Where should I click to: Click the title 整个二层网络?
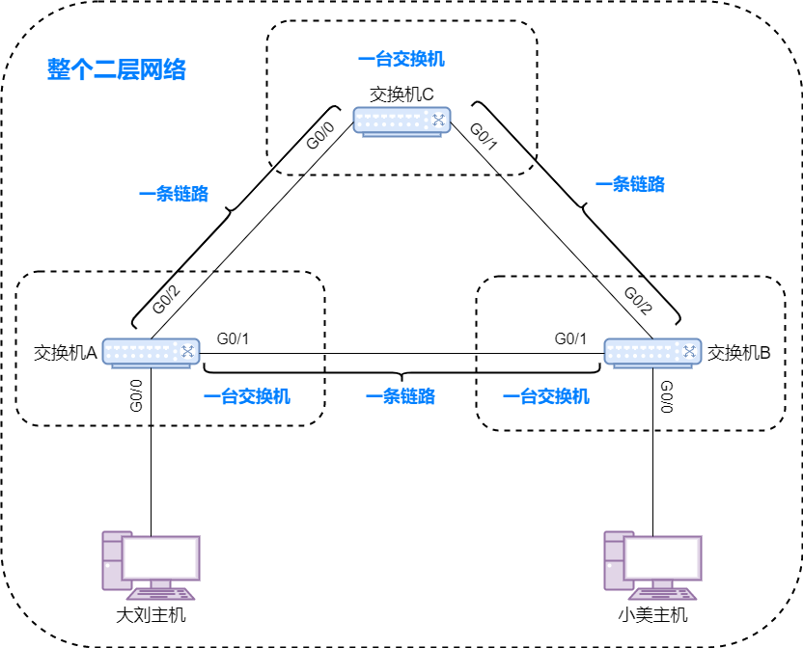[117, 69]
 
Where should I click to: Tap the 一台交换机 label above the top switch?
[401, 59]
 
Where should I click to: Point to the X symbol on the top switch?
[438, 120]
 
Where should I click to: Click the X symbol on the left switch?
[187, 351]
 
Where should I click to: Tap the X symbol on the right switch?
[689, 351]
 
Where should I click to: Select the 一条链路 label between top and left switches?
[174, 194]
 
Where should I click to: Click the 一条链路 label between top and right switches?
[630, 184]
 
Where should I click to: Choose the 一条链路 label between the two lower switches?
[401, 396]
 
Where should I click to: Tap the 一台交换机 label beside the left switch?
[247, 396]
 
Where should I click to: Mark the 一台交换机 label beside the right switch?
[546, 396]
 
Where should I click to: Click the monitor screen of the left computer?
[161, 557]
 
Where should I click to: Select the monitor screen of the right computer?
[663, 557]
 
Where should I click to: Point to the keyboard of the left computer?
[161, 594]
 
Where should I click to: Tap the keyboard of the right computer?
[663, 594]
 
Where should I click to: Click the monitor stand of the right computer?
[663, 583]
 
